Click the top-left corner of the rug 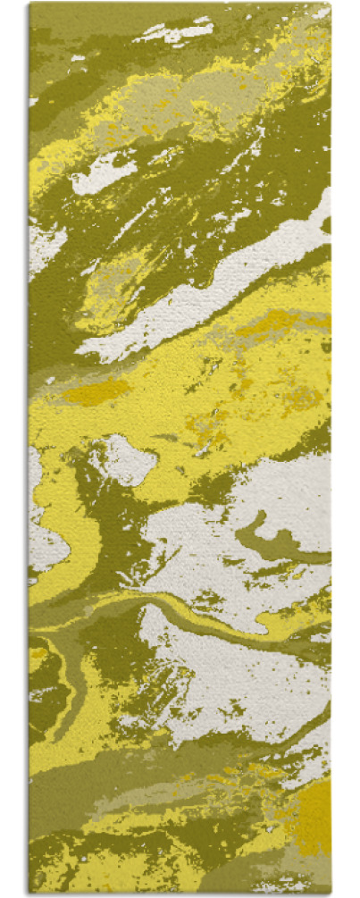click(29, 4)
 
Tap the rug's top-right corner click(330, 4)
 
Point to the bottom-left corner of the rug click(29, 893)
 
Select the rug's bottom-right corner click(330, 893)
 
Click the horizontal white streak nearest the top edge click(173, 32)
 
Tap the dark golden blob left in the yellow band click(94, 391)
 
